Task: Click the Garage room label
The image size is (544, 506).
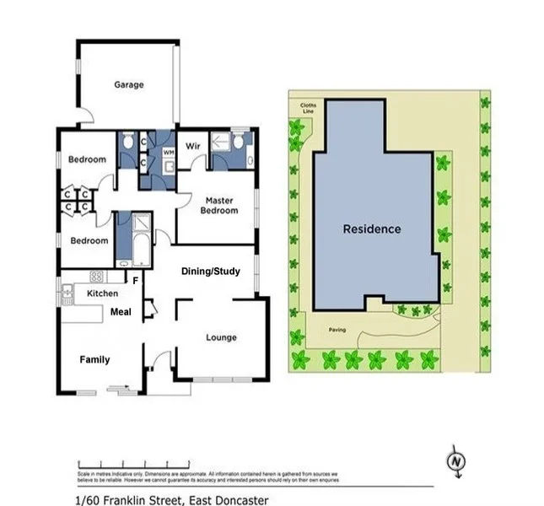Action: click(129, 84)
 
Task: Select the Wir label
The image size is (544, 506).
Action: click(192, 144)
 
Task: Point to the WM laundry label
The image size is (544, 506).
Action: click(168, 152)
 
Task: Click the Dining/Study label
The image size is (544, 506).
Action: click(212, 272)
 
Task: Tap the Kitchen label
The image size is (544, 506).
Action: click(103, 293)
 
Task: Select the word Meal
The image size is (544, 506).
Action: click(121, 311)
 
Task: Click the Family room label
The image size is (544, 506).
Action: click(94, 359)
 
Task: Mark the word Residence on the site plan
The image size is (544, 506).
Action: click(372, 229)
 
